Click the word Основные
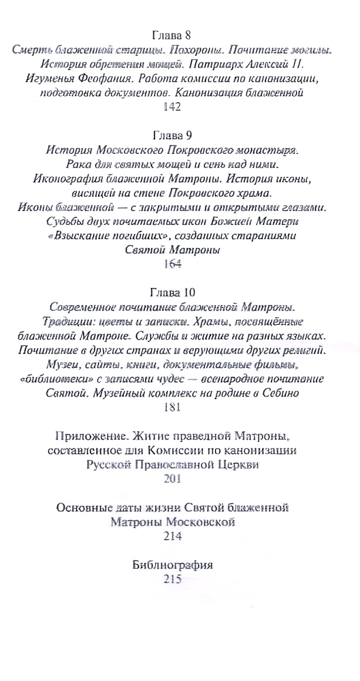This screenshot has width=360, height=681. coord(86,507)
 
